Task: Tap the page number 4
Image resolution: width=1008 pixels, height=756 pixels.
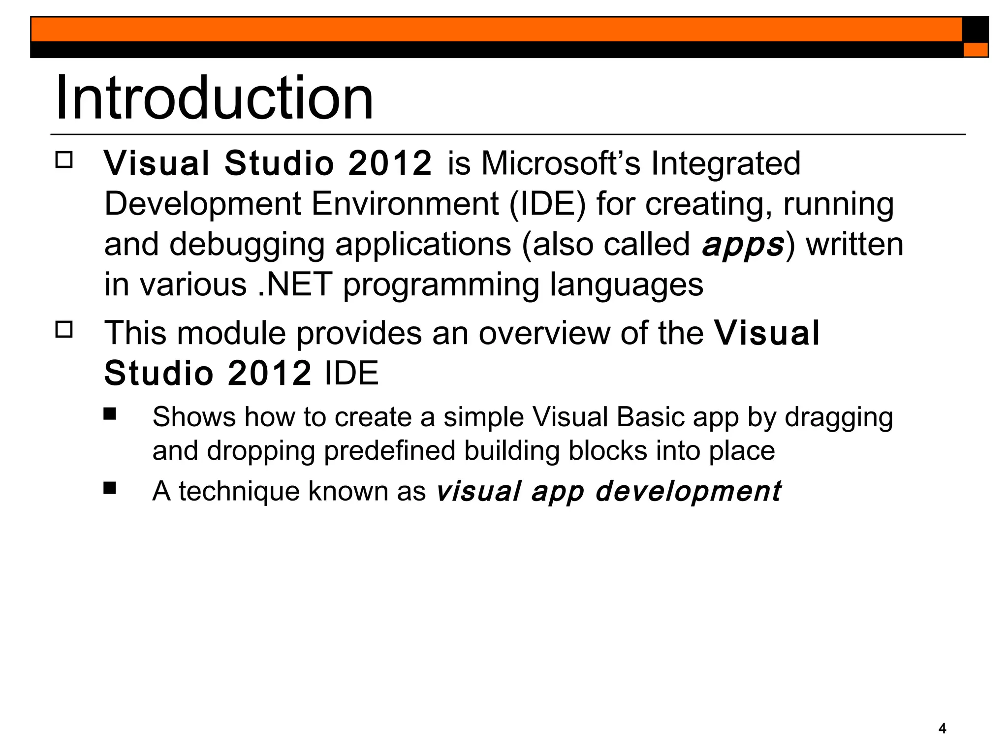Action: [942, 728]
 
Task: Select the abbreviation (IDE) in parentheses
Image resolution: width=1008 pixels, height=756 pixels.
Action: [547, 204]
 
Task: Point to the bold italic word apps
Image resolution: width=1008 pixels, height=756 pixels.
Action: [742, 245]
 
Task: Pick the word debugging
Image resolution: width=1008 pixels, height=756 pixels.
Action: [247, 245]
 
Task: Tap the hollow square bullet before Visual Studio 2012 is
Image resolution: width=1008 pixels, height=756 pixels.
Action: [64, 160]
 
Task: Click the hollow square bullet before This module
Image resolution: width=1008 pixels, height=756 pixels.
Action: [64, 329]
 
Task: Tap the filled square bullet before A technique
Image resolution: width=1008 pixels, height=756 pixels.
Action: [110, 488]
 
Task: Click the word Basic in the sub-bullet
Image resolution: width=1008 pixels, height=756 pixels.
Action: [651, 417]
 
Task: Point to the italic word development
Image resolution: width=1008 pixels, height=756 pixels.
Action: [688, 491]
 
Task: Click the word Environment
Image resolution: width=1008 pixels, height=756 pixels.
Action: [405, 204]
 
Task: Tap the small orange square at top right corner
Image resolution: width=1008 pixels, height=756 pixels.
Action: [975, 50]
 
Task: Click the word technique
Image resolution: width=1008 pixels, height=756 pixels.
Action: [239, 491]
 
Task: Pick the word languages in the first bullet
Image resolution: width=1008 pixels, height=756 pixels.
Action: [626, 284]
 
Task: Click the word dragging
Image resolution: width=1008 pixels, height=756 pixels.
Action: [838, 417]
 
